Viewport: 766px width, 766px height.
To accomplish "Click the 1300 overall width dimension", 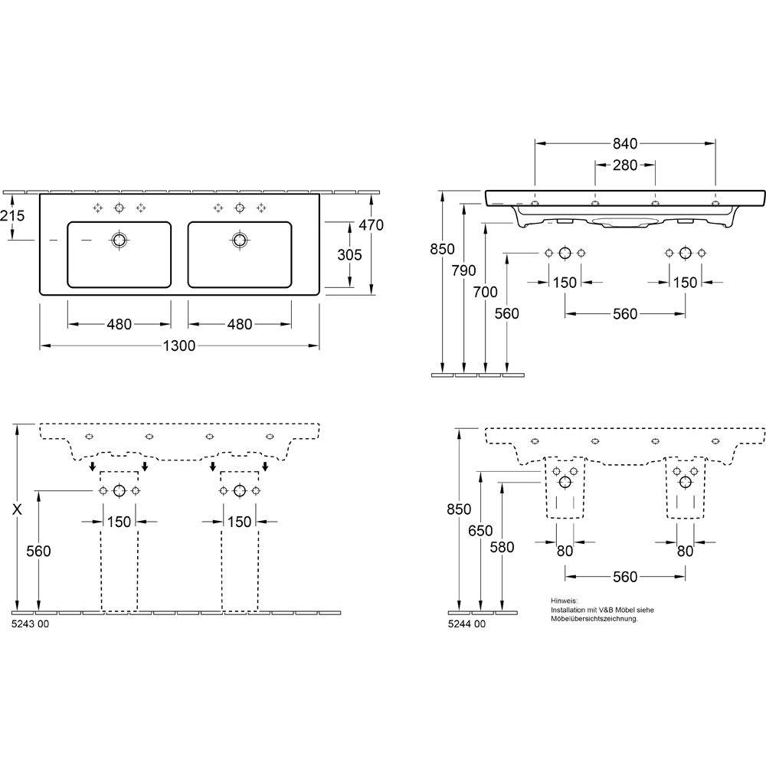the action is point(178,346).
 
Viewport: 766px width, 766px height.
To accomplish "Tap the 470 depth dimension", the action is point(372,225).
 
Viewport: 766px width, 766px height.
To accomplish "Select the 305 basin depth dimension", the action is point(350,254).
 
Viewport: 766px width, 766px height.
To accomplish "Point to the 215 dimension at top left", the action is point(12,215).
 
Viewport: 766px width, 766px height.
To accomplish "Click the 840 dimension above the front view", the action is point(625,144).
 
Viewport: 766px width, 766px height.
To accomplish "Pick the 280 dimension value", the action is point(625,165).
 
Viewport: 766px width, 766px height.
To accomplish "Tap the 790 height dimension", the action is point(463,270).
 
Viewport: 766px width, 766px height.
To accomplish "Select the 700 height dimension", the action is point(485,292).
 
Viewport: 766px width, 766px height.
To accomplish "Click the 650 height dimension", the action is point(480,531).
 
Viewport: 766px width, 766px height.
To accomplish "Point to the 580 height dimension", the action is point(502,547).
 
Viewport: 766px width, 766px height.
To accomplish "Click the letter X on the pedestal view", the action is point(17,509).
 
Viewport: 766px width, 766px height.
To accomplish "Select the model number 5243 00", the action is point(30,624).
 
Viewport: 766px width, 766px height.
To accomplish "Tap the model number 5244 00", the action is point(466,624).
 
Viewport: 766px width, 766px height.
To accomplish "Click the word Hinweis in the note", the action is point(564,601).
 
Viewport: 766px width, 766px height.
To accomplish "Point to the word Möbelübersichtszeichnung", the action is point(594,619).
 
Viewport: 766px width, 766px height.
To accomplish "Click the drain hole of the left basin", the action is point(119,240).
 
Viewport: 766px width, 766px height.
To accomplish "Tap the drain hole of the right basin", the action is point(239,240).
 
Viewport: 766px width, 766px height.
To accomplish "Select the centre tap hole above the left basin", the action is point(119,208).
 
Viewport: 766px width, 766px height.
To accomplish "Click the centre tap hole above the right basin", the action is point(239,208).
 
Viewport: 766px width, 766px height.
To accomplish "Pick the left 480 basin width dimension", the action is point(119,324).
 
